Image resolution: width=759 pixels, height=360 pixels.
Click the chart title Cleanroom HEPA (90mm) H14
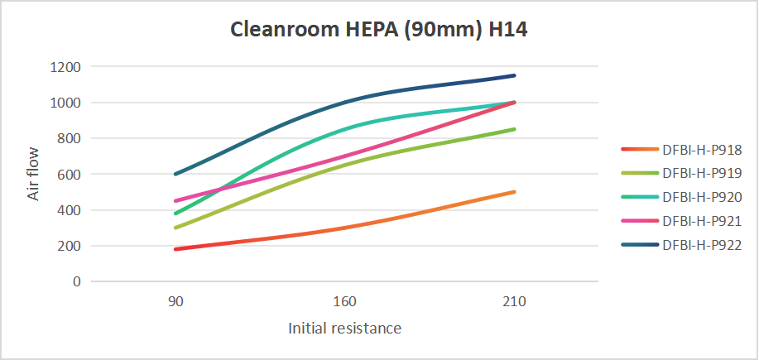click(x=379, y=31)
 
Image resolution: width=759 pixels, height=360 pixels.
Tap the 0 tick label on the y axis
click(x=77, y=281)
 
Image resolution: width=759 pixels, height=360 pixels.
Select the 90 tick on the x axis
click(x=175, y=303)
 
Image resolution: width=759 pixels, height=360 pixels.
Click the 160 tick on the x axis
click(x=345, y=303)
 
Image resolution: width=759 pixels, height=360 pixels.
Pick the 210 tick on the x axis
click(x=515, y=303)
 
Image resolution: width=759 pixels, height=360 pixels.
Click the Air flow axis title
click(x=33, y=174)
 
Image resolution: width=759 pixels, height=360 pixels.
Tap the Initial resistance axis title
click(x=345, y=329)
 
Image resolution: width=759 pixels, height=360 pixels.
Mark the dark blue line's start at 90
click(x=175, y=174)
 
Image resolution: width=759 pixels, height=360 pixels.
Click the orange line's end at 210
click(x=515, y=192)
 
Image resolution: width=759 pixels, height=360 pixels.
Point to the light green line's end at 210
click(x=515, y=129)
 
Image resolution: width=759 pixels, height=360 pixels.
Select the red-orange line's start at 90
click(x=175, y=249)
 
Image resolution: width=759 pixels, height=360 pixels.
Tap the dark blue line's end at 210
click(x=515, y=75)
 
